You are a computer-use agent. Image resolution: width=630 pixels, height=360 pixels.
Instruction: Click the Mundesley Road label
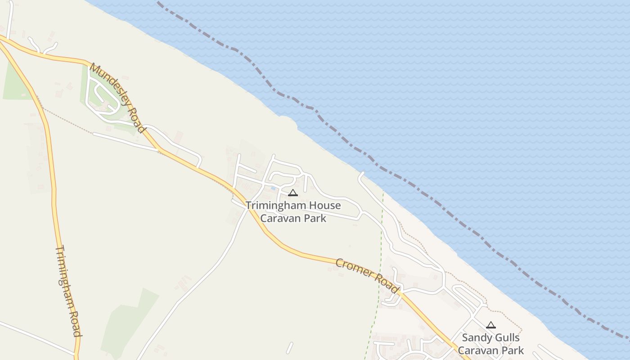point(118,98)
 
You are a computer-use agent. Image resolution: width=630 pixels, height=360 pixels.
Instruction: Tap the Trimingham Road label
point(68,291)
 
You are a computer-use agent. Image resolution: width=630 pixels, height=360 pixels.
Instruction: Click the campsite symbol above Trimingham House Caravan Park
point(293,193)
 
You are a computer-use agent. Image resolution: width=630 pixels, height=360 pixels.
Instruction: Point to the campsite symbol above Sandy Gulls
point(491,325)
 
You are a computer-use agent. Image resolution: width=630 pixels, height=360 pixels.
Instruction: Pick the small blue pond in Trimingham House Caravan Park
point(273,188)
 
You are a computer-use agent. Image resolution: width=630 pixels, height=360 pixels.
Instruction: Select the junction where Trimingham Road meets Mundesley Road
point(4,41)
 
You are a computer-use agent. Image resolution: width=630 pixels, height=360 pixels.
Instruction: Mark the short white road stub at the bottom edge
point(289,348)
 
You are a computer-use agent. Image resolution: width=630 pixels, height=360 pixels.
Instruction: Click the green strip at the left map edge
point(13,83)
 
